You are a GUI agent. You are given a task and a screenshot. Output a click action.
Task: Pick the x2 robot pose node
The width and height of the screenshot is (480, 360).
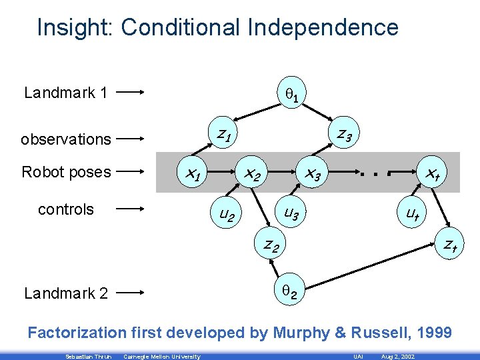point(251,175)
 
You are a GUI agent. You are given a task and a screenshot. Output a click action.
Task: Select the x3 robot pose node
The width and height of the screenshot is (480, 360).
point(312,175)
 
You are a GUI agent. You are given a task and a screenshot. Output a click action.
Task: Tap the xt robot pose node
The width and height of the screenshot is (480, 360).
point(431,175)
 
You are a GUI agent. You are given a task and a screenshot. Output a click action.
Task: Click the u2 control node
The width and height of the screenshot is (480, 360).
point(221,215)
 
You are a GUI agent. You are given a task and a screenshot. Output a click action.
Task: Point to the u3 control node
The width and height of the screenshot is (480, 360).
point(291,213)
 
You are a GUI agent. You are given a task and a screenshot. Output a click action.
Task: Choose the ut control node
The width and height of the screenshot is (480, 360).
point(412,214)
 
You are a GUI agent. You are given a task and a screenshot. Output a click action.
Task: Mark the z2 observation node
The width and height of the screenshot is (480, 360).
point(270,245)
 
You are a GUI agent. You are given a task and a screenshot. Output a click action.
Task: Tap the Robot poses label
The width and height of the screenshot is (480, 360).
point(66,172)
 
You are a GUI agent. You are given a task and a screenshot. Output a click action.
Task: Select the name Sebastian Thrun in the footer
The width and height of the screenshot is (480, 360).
point(84,357)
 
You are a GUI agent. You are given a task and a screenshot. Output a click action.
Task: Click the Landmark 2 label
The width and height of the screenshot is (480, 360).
point(66,293)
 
